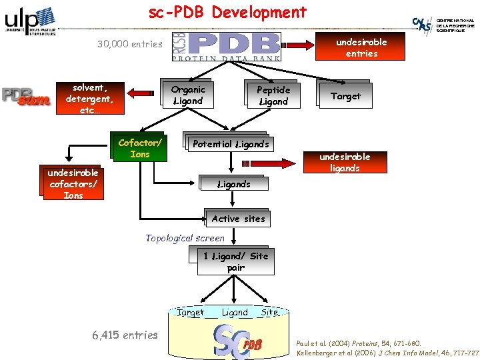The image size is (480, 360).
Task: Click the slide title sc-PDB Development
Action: point(227,13)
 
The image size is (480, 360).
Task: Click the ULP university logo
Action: point(29,21)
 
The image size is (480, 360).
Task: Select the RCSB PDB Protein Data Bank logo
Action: point(227,47)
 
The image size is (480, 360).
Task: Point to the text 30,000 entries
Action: point(129,44)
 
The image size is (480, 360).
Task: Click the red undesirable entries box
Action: point(361,47)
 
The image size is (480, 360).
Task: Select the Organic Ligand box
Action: point(188,95)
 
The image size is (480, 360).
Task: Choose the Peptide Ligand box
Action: point(273,95)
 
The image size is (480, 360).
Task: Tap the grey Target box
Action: point(345,96)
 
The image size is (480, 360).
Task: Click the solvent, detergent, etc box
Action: point(89,99)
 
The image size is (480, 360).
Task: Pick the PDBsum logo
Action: point(26,97)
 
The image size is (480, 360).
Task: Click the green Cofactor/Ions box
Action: point(140,148)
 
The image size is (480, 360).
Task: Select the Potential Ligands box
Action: point(230,144)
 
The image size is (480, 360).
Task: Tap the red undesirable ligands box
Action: point(345,162)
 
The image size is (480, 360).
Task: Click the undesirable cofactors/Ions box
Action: point(73,183)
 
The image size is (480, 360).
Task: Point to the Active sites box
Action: point(238,219)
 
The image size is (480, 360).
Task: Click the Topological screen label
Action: point(185,238)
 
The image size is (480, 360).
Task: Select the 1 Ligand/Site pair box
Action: point(235,261)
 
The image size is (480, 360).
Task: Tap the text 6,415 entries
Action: point(125,335)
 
